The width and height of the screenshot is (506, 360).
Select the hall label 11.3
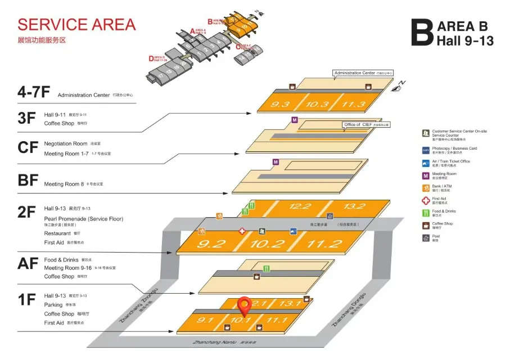[x=353, y=104]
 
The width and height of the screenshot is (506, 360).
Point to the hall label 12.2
[x=300, y=206]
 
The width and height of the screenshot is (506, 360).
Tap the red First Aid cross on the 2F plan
[x=242, y=231]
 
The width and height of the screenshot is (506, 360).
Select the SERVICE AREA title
[x=76, y=25]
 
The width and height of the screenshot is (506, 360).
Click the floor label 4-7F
[x=33, y=93]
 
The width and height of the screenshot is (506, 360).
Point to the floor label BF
[x=28, y=181]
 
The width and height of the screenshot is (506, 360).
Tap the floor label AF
[x=27, y=263]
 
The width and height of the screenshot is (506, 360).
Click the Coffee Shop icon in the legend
[x=426, y=226]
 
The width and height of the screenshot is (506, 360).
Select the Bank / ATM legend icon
[x=426, y=187]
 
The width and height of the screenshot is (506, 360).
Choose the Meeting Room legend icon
[x=426, y=175]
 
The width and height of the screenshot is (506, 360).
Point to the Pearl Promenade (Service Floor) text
[x=83, y=218]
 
